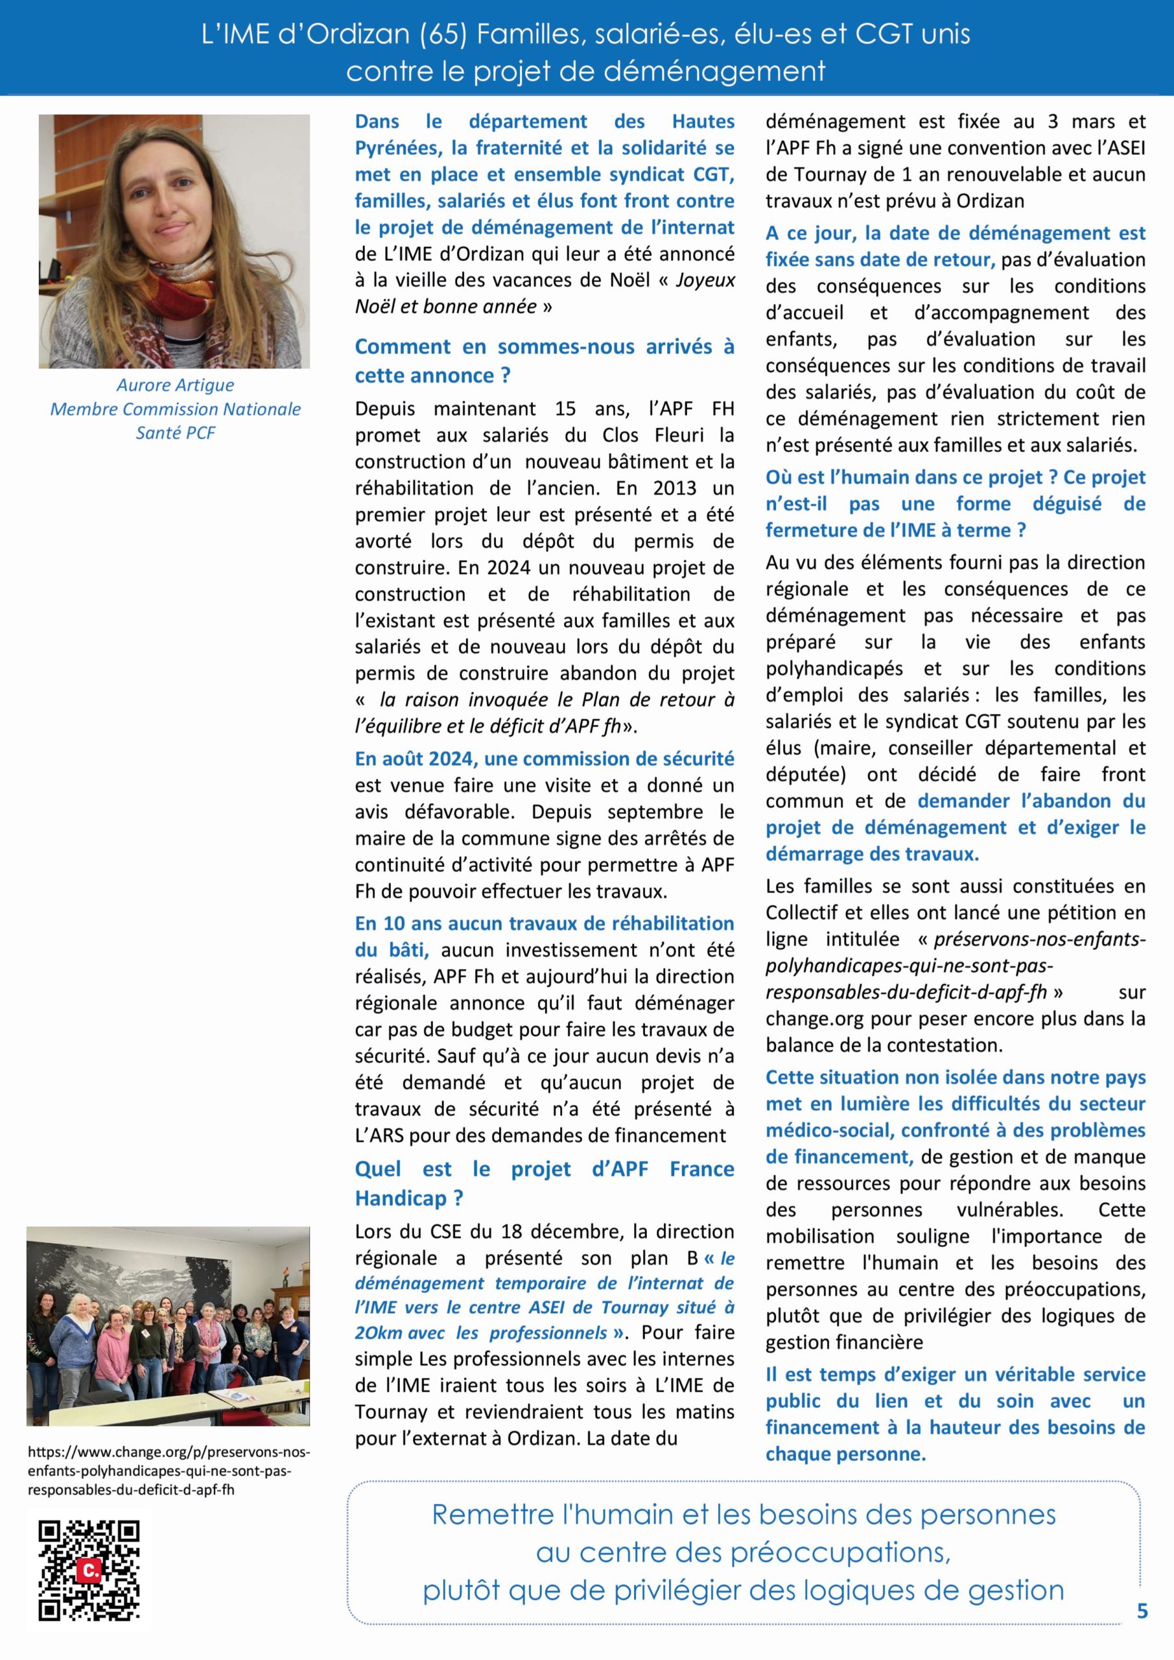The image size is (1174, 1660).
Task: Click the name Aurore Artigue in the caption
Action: click(176, 385)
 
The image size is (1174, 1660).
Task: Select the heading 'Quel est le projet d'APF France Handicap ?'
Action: click(544, 1183)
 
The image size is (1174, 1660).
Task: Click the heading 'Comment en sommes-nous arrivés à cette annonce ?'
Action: click(544, 361)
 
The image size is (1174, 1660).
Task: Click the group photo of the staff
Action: click(168, 1326)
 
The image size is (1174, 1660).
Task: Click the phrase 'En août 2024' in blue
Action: click(416, 759)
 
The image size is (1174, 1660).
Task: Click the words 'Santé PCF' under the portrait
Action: click(176, 433)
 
